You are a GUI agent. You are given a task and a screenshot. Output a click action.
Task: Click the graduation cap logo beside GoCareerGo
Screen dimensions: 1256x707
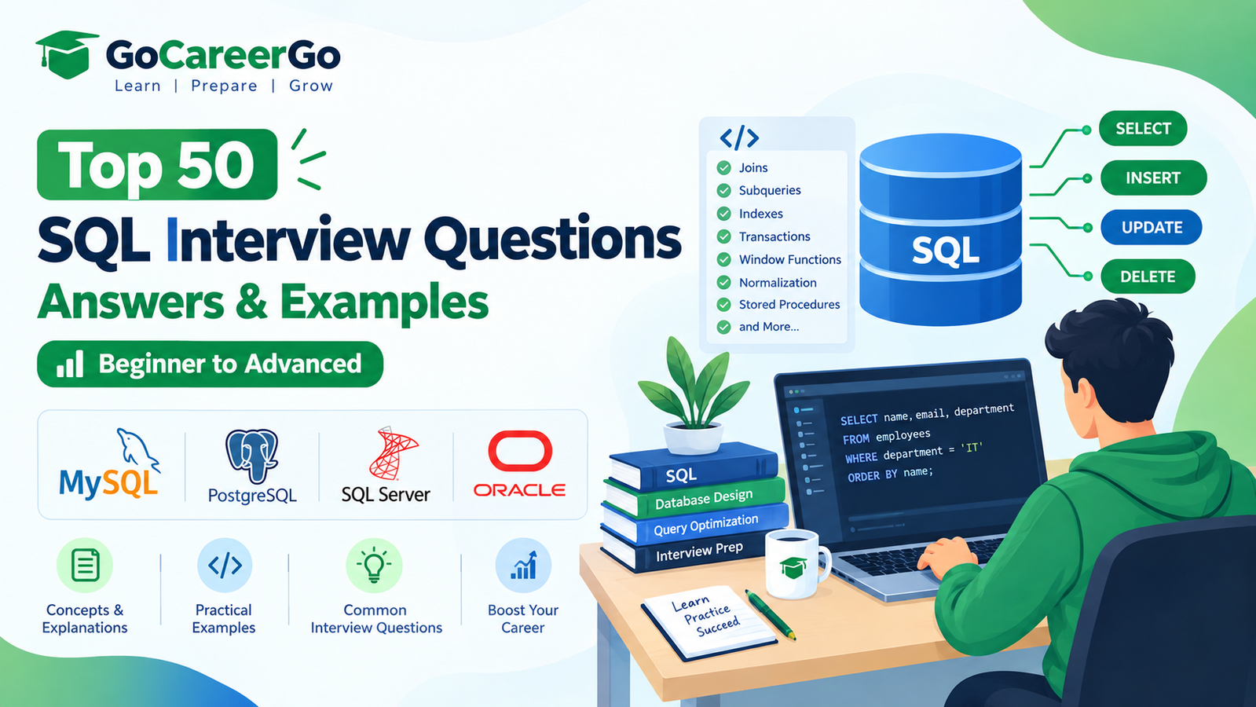pos(66,54)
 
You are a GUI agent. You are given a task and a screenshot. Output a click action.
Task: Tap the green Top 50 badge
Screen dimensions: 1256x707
pos(157,164)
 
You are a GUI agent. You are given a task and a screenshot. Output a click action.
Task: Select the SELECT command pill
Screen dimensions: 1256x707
pos(1143,128)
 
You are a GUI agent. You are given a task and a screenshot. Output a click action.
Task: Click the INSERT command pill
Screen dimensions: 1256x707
pos(1153,178)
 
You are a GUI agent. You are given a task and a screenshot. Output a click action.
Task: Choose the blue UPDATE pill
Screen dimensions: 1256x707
pos(1152,227)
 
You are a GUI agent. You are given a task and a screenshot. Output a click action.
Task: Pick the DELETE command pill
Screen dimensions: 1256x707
pos(1148,277)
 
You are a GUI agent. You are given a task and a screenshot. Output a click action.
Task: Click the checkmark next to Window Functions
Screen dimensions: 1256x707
pos(724,259)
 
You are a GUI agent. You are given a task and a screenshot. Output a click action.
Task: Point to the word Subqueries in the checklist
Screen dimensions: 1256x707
pos(769,190)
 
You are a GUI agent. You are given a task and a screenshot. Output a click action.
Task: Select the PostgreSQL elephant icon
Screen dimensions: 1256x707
pos(252,456)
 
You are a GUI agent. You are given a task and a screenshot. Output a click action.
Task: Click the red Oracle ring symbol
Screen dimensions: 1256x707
pos(520,451)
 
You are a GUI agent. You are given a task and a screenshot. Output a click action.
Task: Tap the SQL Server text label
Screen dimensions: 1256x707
pos(386,495)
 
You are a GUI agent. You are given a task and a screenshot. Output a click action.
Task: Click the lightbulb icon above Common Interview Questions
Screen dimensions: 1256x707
pos(374,565)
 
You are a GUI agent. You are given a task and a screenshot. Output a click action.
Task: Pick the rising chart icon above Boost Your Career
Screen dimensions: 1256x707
pos(523,565)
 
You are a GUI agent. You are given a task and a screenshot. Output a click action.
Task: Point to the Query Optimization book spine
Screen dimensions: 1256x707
pos(695,524)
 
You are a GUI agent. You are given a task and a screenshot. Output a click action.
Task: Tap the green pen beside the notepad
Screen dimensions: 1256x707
pos(770,615)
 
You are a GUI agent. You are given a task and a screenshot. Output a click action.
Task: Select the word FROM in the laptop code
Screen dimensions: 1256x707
pos(855,438)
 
